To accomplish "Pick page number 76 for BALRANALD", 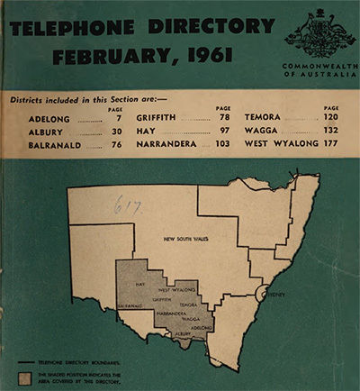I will (117, 144).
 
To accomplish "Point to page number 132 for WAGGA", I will (329, 131).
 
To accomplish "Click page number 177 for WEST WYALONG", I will (329, 144).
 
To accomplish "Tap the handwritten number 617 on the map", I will (124, 205).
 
